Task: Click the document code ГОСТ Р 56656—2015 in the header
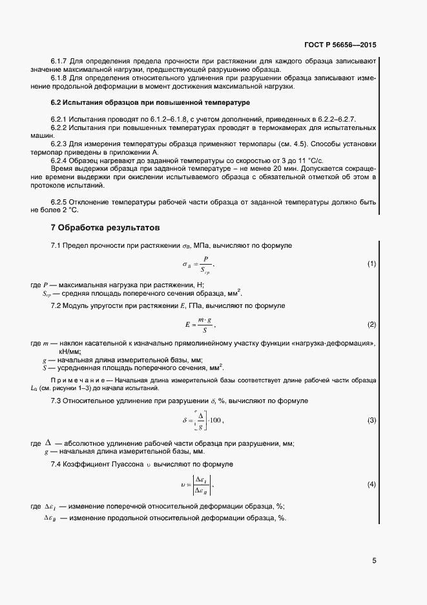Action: pyautogui.click(x=340, y=46)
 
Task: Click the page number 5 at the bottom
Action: pyautogui.click(x=374, y=561)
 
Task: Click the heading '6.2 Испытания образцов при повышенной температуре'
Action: pyautogui.click(x=151, y=103)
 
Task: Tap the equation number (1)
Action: pyautogui.click(x=371, y=264)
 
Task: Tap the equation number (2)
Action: pyautogui.click(x=371, y=324)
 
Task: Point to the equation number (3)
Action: pyautogui.click(x=371, y=421)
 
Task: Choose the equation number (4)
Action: pyautogui.click(x=371, y=484)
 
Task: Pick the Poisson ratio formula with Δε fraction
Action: pyautogui.click(x=198, y=485)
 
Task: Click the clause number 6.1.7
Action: pyautogui.click(x=60, y=61)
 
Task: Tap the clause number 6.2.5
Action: pyautogui.click(x=60, y=202)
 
